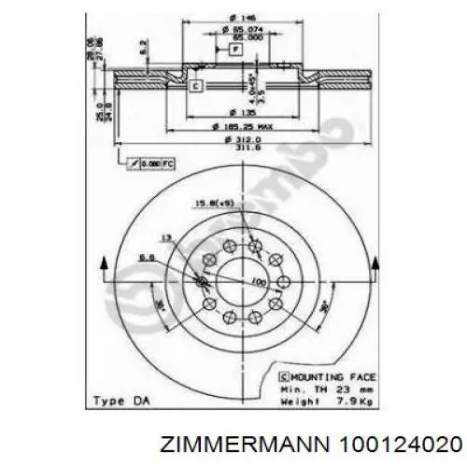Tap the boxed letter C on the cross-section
click(196, 86)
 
